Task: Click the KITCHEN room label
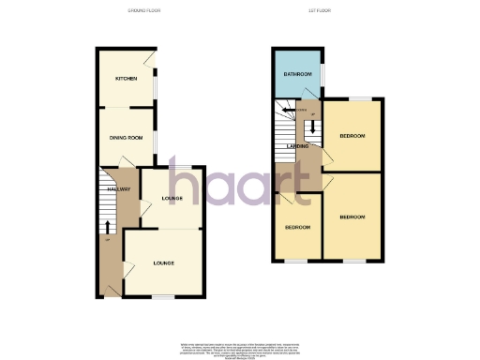pyautogui.click(x=126, y=79)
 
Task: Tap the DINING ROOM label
pyautogui.click(x=125, y=138)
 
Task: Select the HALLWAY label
pyautogui.click(x=117, y=190)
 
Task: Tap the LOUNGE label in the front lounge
pyautogui.click(x=165, y=263)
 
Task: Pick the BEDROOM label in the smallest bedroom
pyautogui.click(x=297, y=228)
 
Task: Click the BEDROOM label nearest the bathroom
pyautogui.click(x=352, y=137)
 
